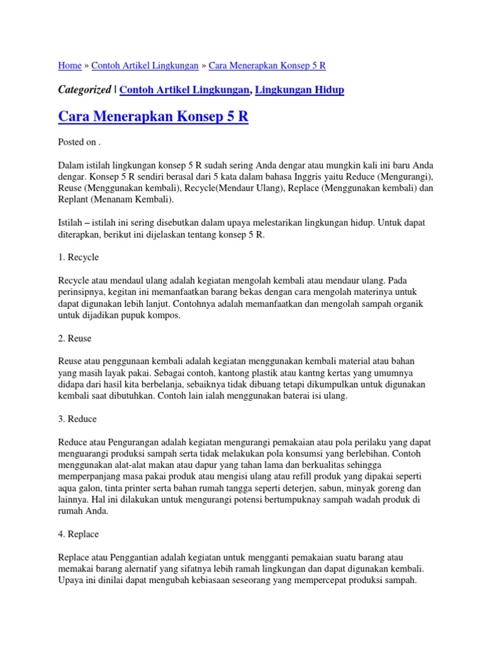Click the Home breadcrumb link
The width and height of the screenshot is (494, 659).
(x=69, y=66)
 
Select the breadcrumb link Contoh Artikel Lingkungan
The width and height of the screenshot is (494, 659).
(x=145, y=66)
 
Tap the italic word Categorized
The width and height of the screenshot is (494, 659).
(x=84, y=90)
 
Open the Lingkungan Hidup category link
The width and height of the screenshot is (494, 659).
(x=299, y=90)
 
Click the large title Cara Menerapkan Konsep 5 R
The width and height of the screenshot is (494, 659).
(x=153, y=118)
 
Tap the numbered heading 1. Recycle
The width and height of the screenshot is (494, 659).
(x=78, y=257)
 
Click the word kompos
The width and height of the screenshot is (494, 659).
(x=164, y=315)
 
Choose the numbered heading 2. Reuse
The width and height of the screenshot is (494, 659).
(x=75, y=339)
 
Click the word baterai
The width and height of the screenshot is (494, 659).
(x=287, y=396)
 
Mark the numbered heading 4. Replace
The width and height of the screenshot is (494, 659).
(x=78, y=534)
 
